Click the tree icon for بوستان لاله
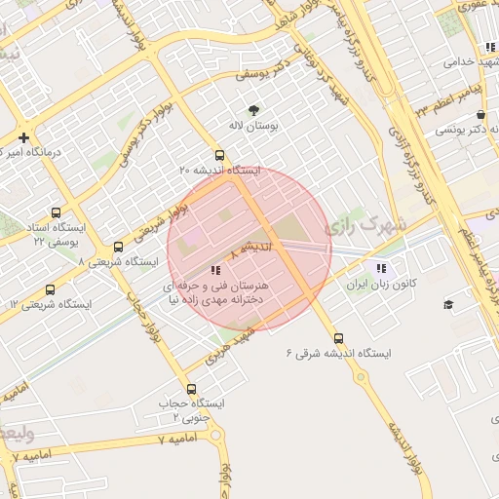coord(253,110)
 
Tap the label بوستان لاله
coord(253,127)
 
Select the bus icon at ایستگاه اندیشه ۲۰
coord(219,155)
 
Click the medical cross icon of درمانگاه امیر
coord(23,137)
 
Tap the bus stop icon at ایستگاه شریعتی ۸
coord(118,248)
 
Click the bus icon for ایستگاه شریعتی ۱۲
coord(51,289)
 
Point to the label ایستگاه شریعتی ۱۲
coord(50,305)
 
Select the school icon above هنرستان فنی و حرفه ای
coord(215,269)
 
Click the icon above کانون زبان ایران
coord(380,267)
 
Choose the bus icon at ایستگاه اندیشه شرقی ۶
coord(338,337)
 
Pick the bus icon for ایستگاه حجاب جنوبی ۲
coord(190,389)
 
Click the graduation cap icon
coord(448,305)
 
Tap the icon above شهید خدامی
coord(488,47)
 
